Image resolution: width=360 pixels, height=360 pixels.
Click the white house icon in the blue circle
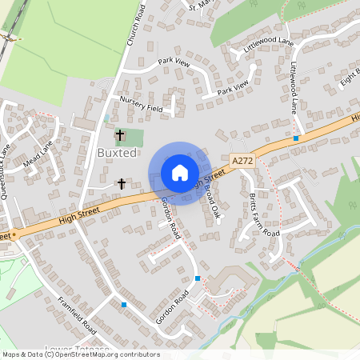coord(180,173)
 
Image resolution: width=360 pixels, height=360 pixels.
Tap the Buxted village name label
coord(117,153)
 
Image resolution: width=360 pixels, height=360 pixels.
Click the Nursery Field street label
coord(141,104)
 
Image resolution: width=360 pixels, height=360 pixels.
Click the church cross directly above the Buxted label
coord(121,134)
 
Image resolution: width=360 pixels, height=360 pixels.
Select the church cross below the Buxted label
coord(122,184)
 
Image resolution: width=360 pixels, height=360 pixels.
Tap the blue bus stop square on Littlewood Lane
coord(296,138)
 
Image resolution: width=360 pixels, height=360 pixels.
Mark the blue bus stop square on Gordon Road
coord(198,278)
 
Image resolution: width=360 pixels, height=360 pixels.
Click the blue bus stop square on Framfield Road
coord(123,304)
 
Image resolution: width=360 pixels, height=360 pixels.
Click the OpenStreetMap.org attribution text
coord(80,354)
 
